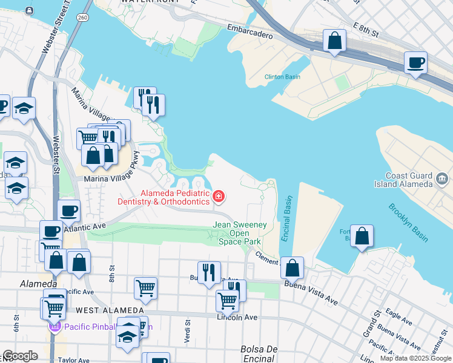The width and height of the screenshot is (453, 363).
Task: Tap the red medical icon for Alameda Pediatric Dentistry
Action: tap(219, 196)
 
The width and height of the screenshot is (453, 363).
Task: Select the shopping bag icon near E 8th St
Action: tap(334, 42)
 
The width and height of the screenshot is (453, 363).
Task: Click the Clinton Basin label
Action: tap(282, 77)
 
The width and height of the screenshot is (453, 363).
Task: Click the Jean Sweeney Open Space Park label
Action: tap(240, 233)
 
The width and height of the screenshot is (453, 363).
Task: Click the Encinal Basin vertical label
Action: tap(286, 218)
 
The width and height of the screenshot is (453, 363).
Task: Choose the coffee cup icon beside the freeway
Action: tap(415, 63)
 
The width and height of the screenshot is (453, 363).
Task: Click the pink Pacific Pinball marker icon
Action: tap(54, 327)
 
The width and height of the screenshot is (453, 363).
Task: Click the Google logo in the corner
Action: tap(20, 356)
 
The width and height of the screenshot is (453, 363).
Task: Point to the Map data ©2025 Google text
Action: tap(415, 358)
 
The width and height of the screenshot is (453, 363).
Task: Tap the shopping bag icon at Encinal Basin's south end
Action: tap(292, 267)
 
